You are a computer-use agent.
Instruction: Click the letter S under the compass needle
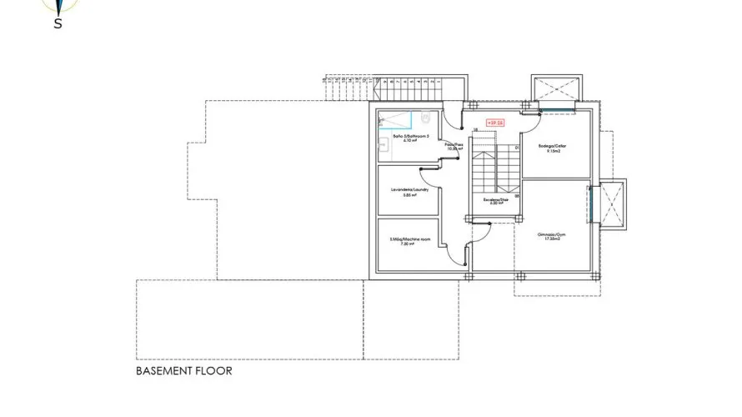click(x=58, y=23)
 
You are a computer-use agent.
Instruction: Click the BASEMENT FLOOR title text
click(x=183, y=370)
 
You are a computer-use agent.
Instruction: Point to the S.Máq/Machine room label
click(x=409, y=241)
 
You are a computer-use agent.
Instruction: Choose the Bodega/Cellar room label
click(x=556, y=147)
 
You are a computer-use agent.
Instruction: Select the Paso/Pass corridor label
click(x=454, y=145)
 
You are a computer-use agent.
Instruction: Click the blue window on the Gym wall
click(x=589, y=204)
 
